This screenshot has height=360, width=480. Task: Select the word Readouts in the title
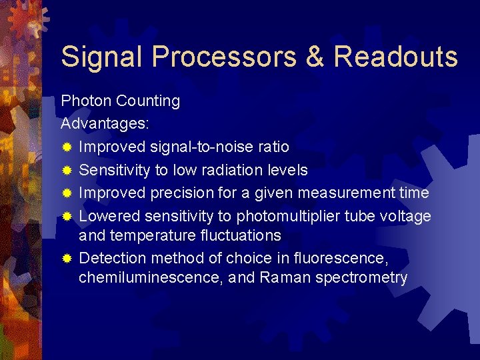tap(395, 57)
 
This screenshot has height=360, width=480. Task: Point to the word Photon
tap(86, 101)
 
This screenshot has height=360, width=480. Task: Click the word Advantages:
tap(105, 124)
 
